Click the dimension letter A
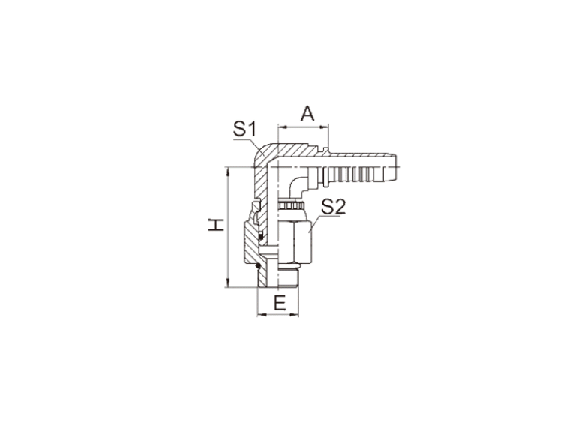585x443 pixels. click(307, 113)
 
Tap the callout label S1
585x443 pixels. click(245, 129)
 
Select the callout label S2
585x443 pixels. click(334, 207)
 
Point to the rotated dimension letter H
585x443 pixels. click(216, 225)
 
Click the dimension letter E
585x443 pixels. click(280, 303)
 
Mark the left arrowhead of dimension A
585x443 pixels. click(282, 127)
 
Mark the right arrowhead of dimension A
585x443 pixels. click(325, 127)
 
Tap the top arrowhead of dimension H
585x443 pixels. click(228, 172)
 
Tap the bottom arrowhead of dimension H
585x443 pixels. click(228, 283)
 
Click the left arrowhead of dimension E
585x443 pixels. click(262, 315)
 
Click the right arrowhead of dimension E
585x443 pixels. click(295, 315)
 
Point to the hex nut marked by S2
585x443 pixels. click(295, 242)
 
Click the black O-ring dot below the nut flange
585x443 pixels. click(257, 266)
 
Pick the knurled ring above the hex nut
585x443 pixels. click(291, 205)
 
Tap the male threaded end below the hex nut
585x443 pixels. click(288, 278)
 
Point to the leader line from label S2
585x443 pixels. click(315, 223)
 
